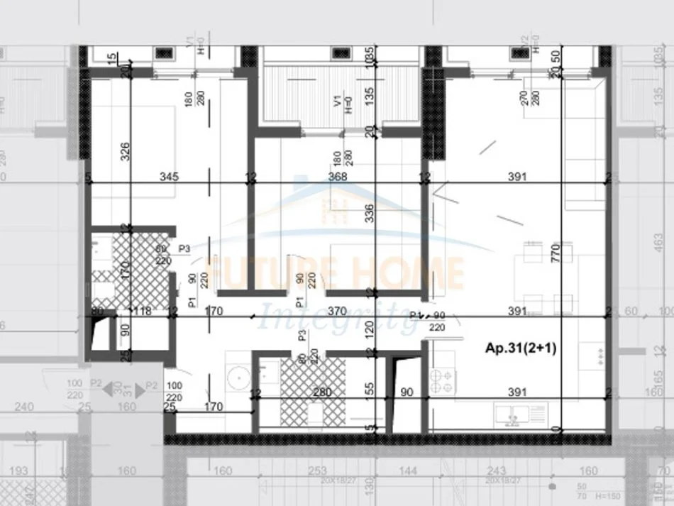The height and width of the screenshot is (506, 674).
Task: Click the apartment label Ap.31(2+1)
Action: point(521,348)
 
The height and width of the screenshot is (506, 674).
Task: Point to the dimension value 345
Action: point(168,177)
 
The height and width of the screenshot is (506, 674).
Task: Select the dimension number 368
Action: point(337,177)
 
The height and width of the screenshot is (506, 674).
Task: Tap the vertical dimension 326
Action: point(126,153)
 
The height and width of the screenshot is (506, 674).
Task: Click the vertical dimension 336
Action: point(368,214)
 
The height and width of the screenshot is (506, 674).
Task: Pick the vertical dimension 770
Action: point(556,253)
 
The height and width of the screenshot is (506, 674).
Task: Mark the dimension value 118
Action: point(145,310)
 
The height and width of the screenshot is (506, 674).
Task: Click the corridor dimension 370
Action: point(337,310)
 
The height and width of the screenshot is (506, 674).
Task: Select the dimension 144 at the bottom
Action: point(407,471)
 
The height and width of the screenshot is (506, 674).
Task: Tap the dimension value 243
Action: point(497,471)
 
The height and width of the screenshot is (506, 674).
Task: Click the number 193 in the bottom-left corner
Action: point(20,471)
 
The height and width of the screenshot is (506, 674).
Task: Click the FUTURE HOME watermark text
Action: point(333,271)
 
